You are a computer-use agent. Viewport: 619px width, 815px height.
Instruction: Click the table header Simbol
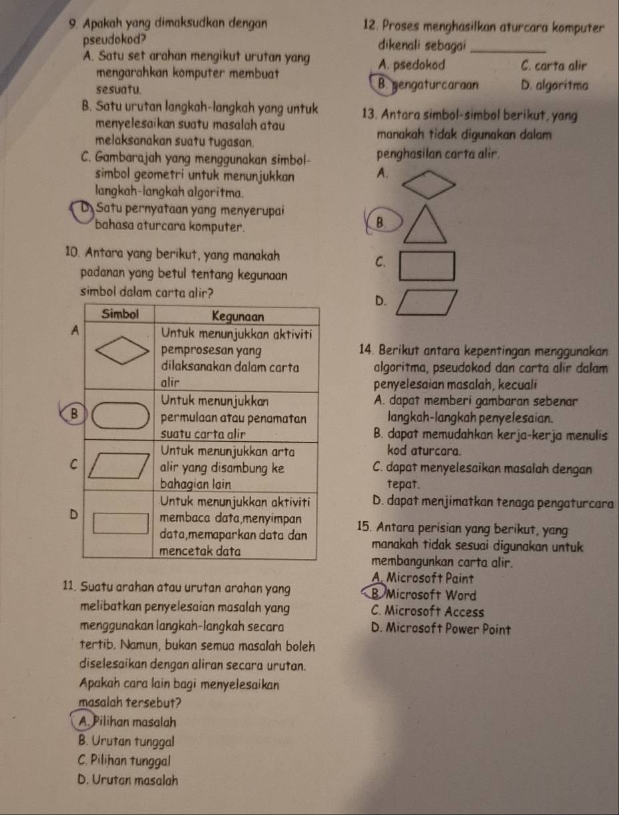click(x=120, y=314)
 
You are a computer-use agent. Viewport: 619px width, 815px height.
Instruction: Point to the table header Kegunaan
click(x=238, y=317)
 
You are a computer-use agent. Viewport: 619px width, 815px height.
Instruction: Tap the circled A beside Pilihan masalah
click(x=84, y=722)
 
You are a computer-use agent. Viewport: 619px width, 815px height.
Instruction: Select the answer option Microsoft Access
click(x=427, y=612)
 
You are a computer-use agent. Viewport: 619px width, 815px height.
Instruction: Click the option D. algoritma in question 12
click(x=554, y=86)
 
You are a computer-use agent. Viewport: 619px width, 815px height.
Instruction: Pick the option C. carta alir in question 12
click(x=554, y=66)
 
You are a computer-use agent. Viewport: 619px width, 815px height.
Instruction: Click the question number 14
click(x=366, y=350)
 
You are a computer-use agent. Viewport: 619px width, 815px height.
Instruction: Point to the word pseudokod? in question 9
click(x=114, y=39)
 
